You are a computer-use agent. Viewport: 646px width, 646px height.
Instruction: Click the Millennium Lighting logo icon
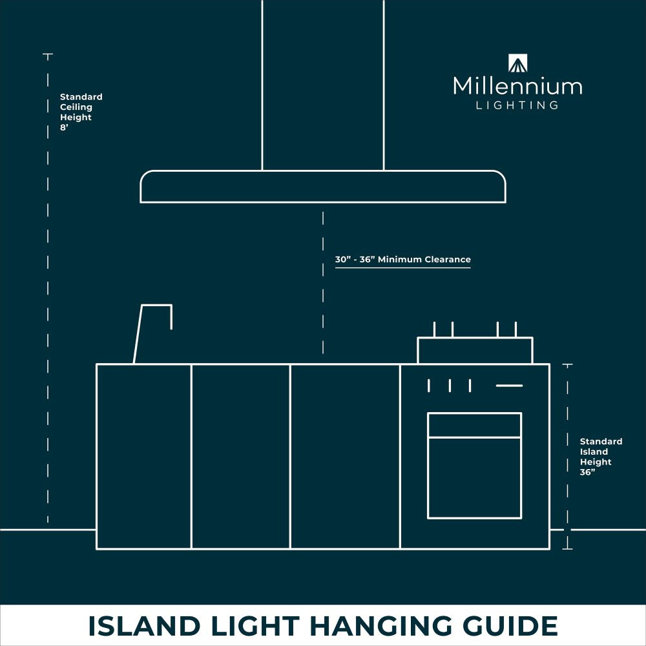tap(518, 63)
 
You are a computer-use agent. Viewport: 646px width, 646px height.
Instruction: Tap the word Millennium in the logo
tap(517, 86)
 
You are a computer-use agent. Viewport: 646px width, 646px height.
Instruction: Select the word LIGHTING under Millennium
tap(517, 105)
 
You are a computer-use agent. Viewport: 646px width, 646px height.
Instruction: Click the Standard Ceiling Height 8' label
tap(81, 112)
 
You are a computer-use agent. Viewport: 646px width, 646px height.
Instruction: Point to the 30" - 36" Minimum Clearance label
tap(402, 260)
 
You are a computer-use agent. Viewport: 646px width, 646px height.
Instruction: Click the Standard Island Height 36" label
tap(601, 457)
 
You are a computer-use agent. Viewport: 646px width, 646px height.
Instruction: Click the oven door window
tap(475, 477)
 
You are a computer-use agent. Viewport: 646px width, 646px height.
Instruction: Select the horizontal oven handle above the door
tap(509, 386)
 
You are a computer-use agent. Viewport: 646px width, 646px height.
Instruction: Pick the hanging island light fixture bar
tap(323, 186)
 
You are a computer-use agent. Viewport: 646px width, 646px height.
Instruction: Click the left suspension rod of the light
tap(262, 85)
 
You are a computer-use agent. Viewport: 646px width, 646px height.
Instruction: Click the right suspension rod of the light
tap(384, 85)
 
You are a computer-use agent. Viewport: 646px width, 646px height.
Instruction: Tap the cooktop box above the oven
tap(475, 350)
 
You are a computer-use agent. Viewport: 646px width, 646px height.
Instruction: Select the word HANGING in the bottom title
tap(380, 625)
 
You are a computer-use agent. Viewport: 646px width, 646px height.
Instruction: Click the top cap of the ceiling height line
tap(48, 54)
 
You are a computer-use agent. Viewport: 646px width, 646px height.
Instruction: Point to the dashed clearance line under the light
tap(323, 283)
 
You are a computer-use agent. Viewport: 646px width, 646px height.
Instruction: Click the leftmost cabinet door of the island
tap(144, 457)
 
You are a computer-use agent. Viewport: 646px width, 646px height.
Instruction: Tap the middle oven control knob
tap(450, 386)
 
